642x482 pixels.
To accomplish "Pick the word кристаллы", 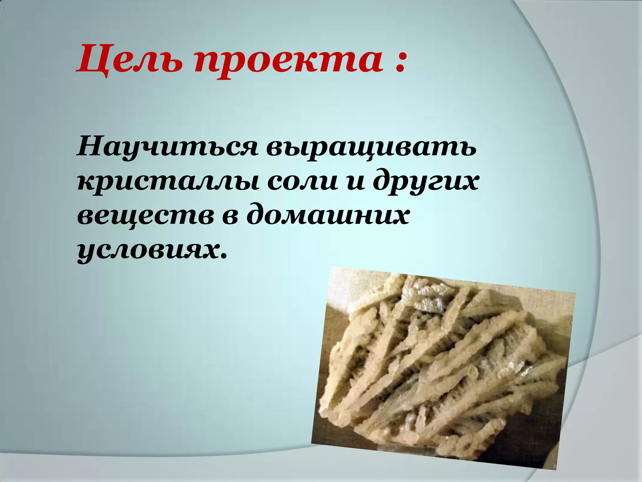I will coord(167,184).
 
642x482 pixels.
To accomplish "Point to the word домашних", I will coord(328,217).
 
